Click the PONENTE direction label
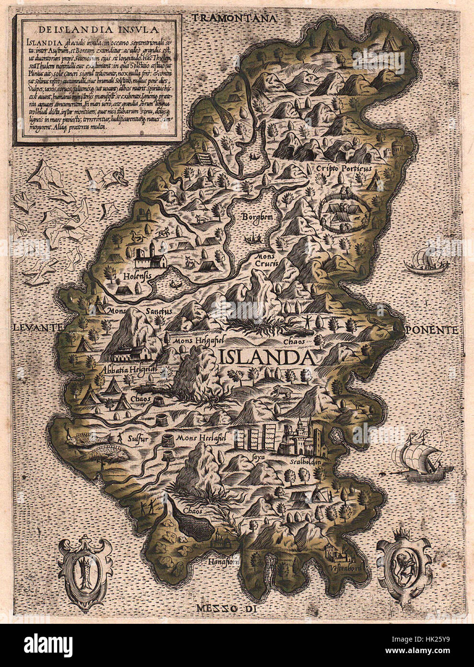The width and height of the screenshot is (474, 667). click(x=430, y=330)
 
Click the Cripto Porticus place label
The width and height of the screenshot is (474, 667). click(x=344, y=168)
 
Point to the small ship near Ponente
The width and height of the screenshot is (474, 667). click(x=424, y=261)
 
